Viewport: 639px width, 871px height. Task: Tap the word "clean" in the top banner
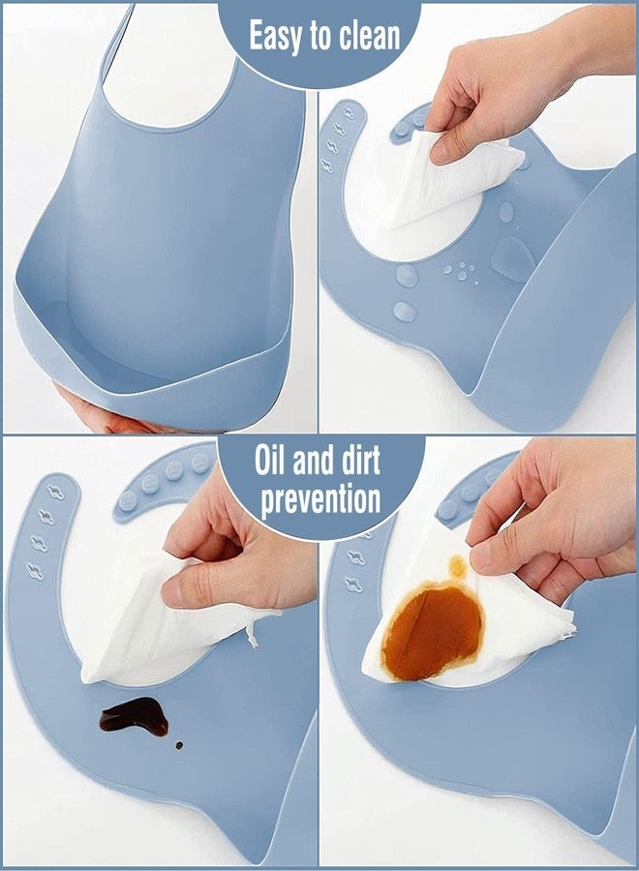[370, 37]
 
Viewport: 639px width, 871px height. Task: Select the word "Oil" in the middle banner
[269, 460]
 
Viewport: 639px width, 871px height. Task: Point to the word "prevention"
[320, 499]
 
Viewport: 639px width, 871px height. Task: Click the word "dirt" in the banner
[360, 460]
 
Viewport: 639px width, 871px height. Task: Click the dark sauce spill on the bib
[135, 716]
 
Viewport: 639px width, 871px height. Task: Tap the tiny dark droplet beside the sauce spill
[179, 745]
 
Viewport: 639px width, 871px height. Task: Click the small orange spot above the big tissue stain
[457, 566]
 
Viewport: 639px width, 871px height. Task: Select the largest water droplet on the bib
[513, 258]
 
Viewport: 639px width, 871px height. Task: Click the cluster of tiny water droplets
[461, 272]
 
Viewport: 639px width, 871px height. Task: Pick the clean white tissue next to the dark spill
[167, 628]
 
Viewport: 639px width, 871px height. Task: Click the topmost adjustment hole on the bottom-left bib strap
[55, 493]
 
